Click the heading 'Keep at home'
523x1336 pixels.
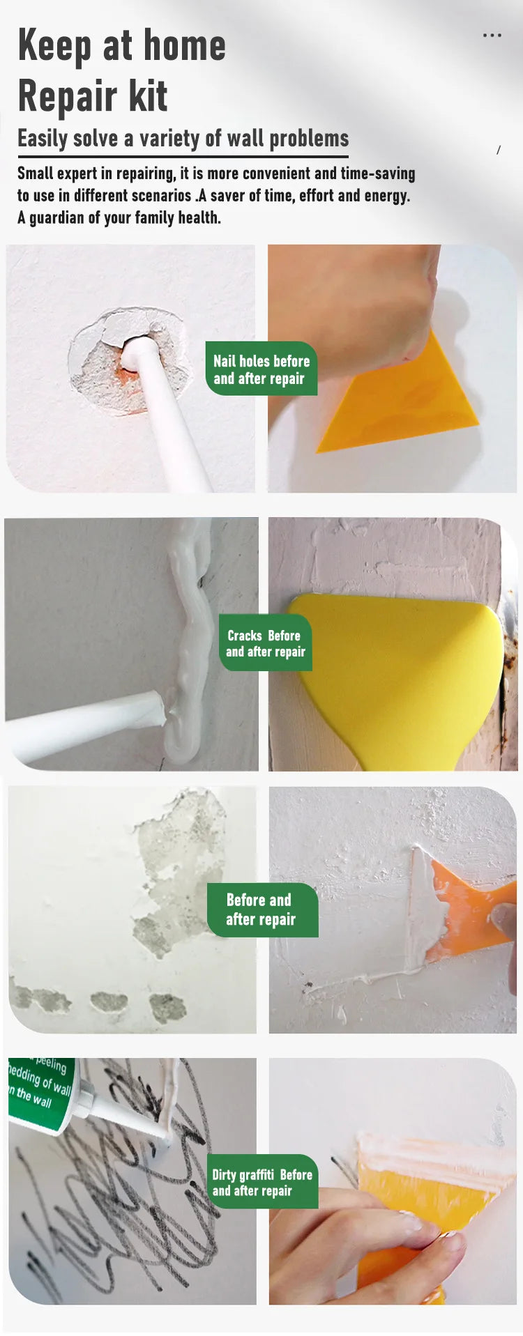coord(121,46)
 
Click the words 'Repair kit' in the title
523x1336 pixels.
coord(93,96)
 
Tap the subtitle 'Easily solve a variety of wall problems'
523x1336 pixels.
coord(183,138)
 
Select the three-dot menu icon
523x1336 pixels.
coord(492,36)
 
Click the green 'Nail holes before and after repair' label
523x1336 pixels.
coord(261,369)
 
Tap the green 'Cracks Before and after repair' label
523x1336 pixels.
coord(266,643)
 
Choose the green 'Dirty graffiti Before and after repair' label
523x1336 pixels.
coord(262,1182)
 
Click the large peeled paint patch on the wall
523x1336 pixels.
coord(178,871)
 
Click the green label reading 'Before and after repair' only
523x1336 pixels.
coord(261,909)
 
